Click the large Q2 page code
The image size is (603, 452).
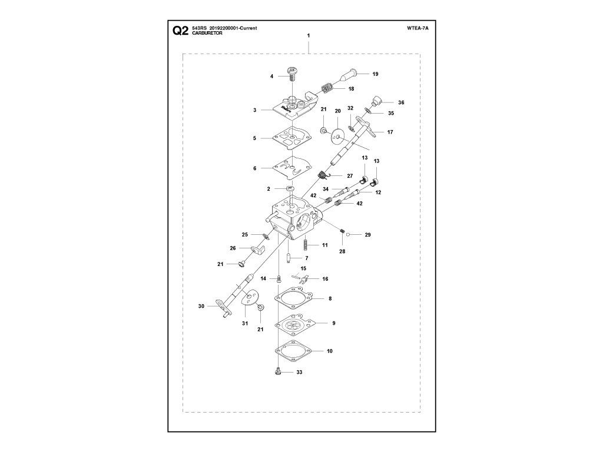pyautogui.click(x=180, y=31)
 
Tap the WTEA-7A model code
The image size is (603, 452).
pyautogui.click(x=418, y=28)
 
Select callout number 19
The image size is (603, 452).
pyautogui.click(x=375, y=74)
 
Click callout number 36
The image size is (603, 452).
pyautogui.click(x=401, y=102)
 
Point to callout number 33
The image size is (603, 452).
pyautogui.click(x=299, y=372)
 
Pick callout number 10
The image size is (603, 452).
pyautogui.click(x=330, y=351)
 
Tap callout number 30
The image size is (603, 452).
pyautogui.click(x=201, y=306)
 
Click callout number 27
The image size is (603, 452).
pyautogui.click(x=350, y=176)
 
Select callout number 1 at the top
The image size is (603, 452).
pyautogui.click(x=309, y=35)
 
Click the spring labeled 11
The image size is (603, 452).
pyautogui.click(x=306, y=244)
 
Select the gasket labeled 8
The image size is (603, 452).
pyautogui.click(x=294, y=298)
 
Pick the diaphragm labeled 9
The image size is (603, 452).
pyautogui.click(x=294, y=324)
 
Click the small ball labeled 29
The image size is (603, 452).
pyautogui.click(x=347, y=234)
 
